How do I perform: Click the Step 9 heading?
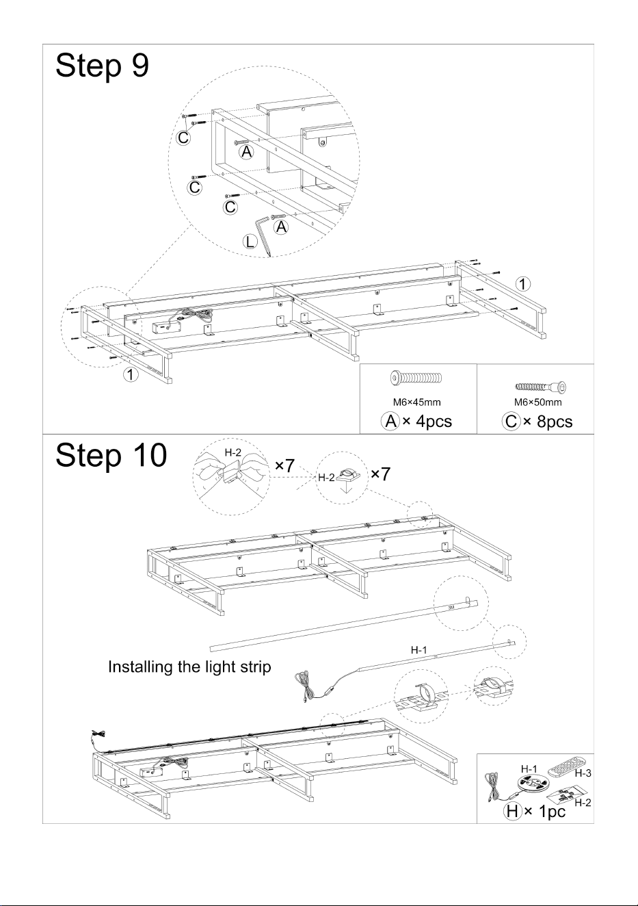coord(103,66)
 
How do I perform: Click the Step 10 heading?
coord(111,456)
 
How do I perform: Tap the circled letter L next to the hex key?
coord(250,242)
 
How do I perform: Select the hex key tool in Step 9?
coord(262,236)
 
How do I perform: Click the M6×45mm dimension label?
coord(417,402)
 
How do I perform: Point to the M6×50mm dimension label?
coord(537,402)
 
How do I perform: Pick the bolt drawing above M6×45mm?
coord(416,378)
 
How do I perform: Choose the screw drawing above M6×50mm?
coord(540,387)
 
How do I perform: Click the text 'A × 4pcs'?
coord(416,422)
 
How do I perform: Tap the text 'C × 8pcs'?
coord(537,422)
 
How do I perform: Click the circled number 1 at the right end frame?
coord(523,284)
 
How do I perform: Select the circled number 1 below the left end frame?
coord(131,374)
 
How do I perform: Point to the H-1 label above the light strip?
coord(419,650)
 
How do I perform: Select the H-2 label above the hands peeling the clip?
coord(233,452)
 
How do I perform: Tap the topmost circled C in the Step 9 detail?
coord(183,138)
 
